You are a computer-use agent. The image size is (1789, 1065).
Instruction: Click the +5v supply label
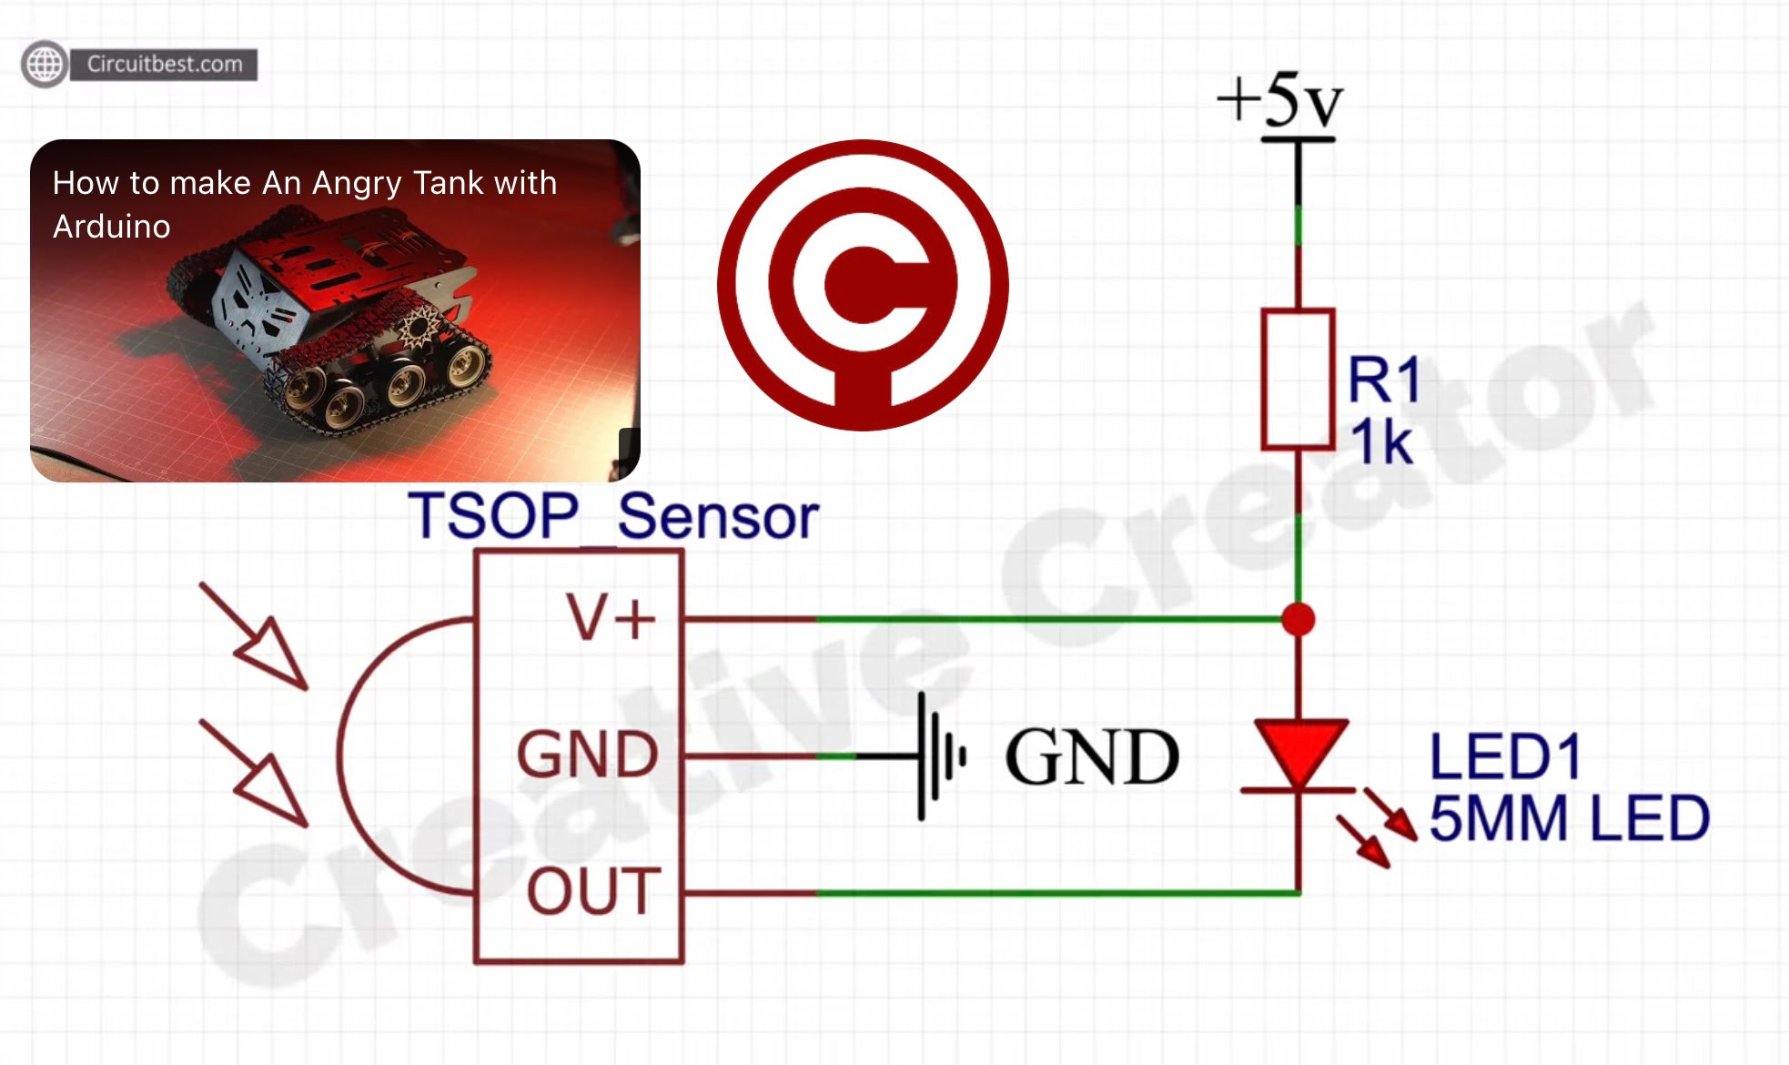pos(1280,100)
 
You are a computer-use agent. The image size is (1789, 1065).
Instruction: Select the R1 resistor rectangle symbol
pos(1298,380)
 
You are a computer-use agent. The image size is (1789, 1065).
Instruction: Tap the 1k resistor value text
pos(1380,443)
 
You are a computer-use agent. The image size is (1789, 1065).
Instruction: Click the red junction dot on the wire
pos(1298,619)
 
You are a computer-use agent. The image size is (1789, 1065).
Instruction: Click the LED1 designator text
pos(1505,756)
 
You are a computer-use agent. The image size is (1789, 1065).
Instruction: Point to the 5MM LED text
pos(1569,817)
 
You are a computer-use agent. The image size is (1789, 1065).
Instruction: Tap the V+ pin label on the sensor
pos(611,618)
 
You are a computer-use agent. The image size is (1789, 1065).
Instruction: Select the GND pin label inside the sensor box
pos(587,755)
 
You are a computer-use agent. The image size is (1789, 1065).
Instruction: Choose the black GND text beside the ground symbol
pos(1092,756)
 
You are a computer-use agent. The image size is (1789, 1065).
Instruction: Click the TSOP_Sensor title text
pos(613,516)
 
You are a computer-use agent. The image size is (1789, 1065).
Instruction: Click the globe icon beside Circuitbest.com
pos(45,64)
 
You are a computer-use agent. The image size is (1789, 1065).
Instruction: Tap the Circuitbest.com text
pos(165,64)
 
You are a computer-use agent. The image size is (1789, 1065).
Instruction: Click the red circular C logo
pos(863,285)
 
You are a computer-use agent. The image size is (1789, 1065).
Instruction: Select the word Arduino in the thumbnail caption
pos(112,227)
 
